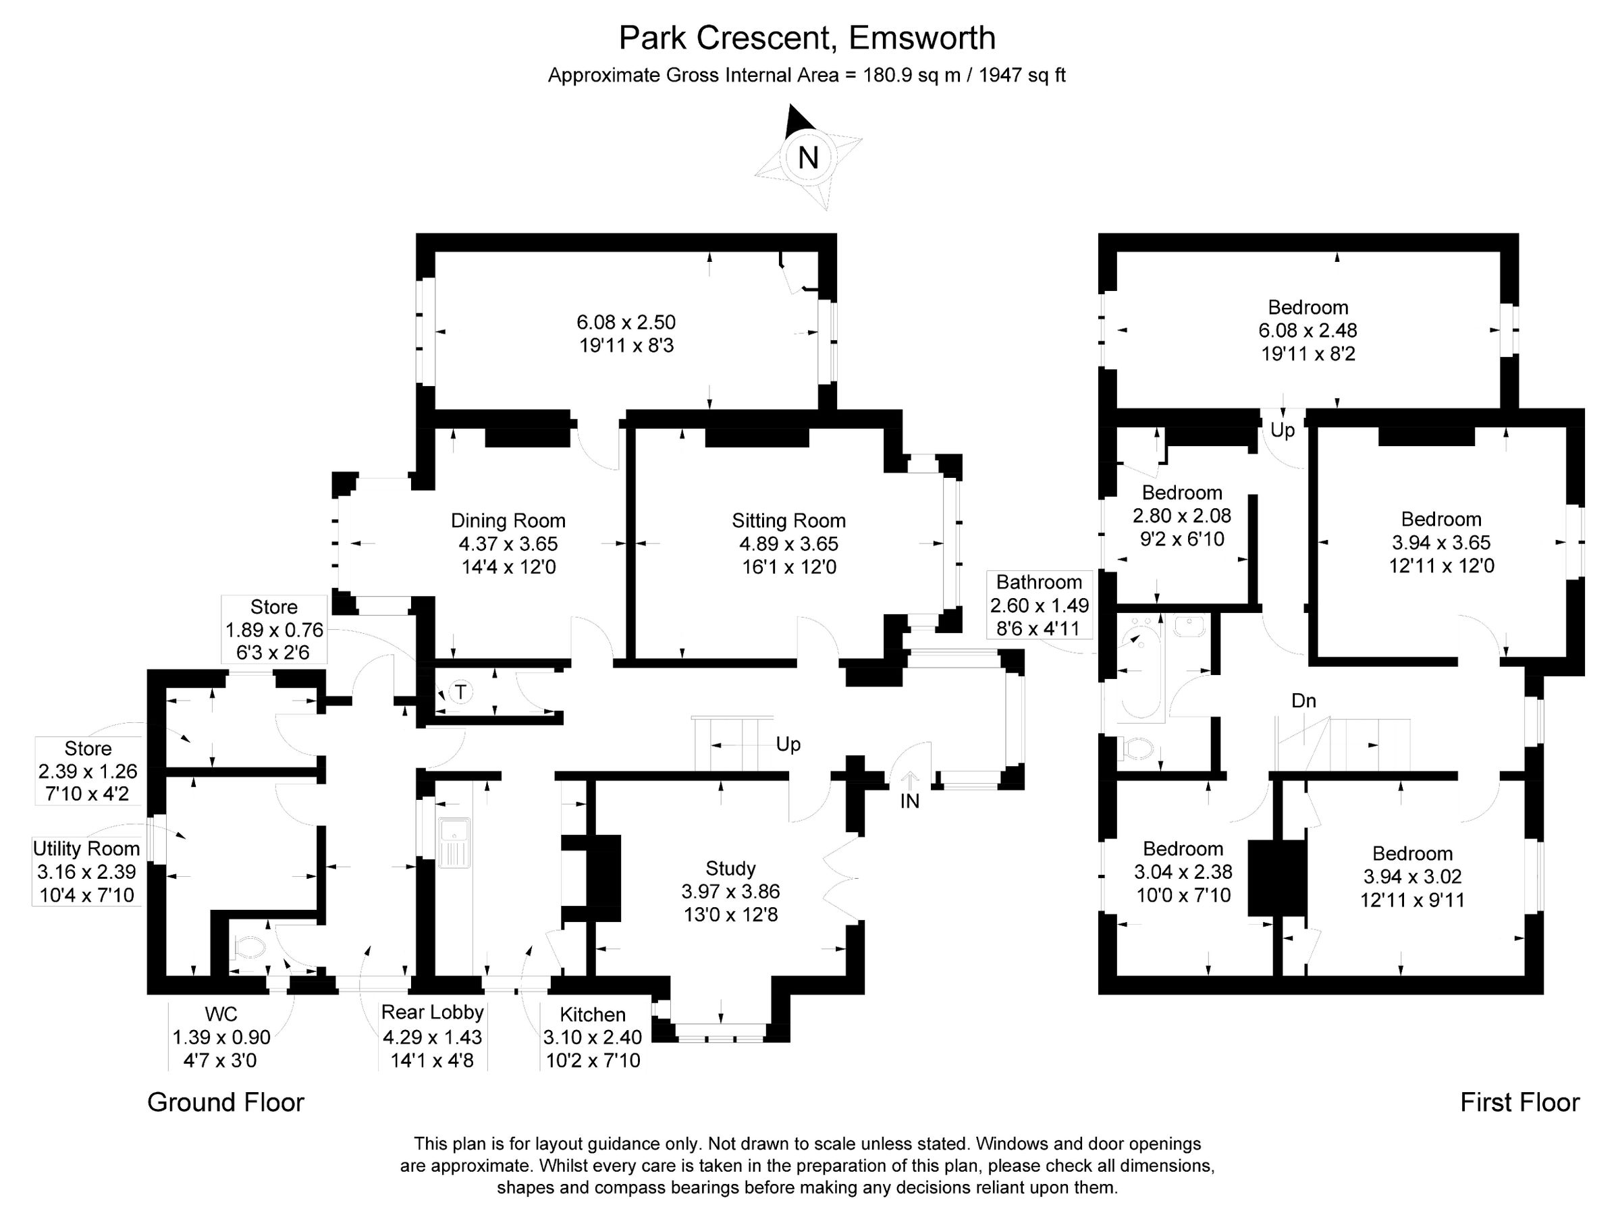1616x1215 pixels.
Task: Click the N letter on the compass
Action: click(x=807, y=158)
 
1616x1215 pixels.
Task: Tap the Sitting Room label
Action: click(x=788, y=521)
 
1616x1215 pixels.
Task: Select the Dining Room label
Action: click(x=508, y=521)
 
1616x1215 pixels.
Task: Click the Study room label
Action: click(x=730, y=868)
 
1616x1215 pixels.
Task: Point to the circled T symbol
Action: click(x=460, y=691)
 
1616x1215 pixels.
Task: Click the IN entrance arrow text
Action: click(x=909, y=801)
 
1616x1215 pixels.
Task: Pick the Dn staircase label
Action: click(x=1303, y=701)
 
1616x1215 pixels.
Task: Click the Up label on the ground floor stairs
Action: click(x=788, y=745)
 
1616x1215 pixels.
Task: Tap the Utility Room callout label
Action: click(x=86, y=849)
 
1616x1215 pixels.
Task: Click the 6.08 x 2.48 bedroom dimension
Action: click(x=1308, y=330)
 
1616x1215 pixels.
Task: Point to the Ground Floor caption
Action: click(x=225, y=1102)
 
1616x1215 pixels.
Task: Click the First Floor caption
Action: click(x=1519, y=1102)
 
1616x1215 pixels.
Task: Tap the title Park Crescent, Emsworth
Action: click(x=807, y=38)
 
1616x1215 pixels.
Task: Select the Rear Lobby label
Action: click(x=433, y=1012)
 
